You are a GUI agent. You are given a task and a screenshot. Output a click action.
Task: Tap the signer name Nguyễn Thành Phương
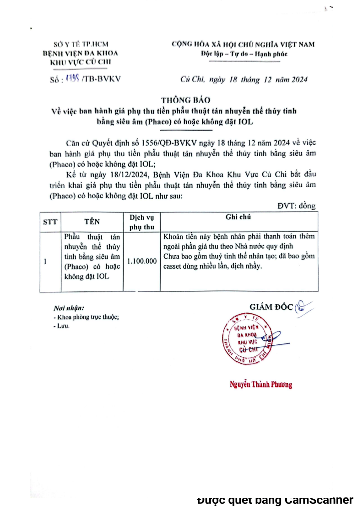tap(260, 384)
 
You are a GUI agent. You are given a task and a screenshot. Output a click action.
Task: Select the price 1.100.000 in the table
tap(142, 261)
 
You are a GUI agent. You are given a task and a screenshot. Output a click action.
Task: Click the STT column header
tap(50, 222)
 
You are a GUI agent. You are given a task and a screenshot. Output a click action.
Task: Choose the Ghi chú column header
tap(238, 218)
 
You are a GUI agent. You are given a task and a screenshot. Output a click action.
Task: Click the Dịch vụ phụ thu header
tap(141, 222)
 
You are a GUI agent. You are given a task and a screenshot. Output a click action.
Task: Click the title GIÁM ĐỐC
tap(271, 307)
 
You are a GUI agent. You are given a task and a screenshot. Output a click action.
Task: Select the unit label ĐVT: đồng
tap(296, 206)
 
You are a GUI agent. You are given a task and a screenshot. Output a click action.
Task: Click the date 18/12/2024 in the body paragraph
tap(125, 175)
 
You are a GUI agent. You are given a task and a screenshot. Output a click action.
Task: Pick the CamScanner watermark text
tap(275, 500)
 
